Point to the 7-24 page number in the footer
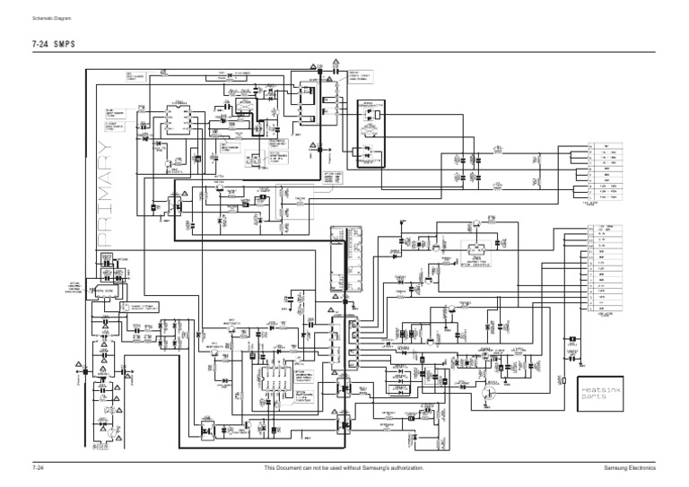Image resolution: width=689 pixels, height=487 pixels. click(39, 468)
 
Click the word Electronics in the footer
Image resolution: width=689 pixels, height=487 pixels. click(643, 468)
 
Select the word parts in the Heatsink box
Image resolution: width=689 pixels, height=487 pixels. click(593, 400)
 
